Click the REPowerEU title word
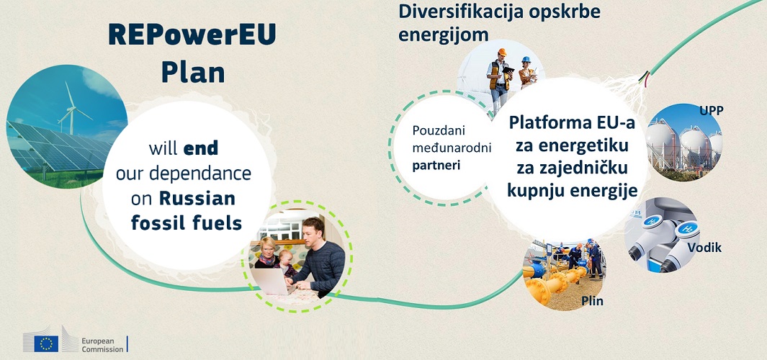[x=192, y=35]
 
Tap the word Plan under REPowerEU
[x=193, y=72]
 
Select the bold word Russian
[x=197, y=198]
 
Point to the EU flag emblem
[x=47, y=343]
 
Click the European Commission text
[x=103, y=345]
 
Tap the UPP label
[x=712, y=111]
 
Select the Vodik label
[x=704, y=248]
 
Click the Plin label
[x=592, y=301]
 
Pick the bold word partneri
[x=430, y=165]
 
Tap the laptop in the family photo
[x=269, y=282]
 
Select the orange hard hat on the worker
[x=502, y=52]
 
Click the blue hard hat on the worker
[x=526, y=60]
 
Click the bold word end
[x=201, y=148]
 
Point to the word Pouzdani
[x=439, y=131]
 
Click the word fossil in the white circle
[x=153, y=223]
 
